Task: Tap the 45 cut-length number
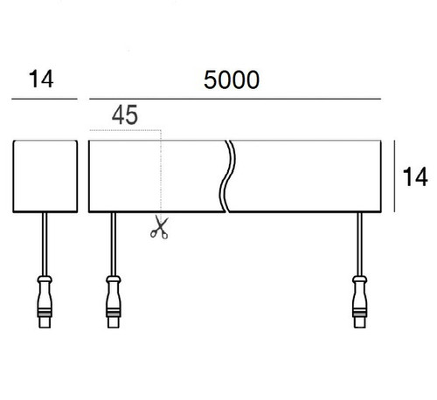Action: [x=125, y=114]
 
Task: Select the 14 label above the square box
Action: [x=41, y=80]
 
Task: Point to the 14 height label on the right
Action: [x=415, y=177]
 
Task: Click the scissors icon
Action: [x=158, y=228]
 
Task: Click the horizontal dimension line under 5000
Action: [x=236, y=100]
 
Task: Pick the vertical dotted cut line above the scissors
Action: [x=158, y=175]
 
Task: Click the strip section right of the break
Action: [x=306, y=175]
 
